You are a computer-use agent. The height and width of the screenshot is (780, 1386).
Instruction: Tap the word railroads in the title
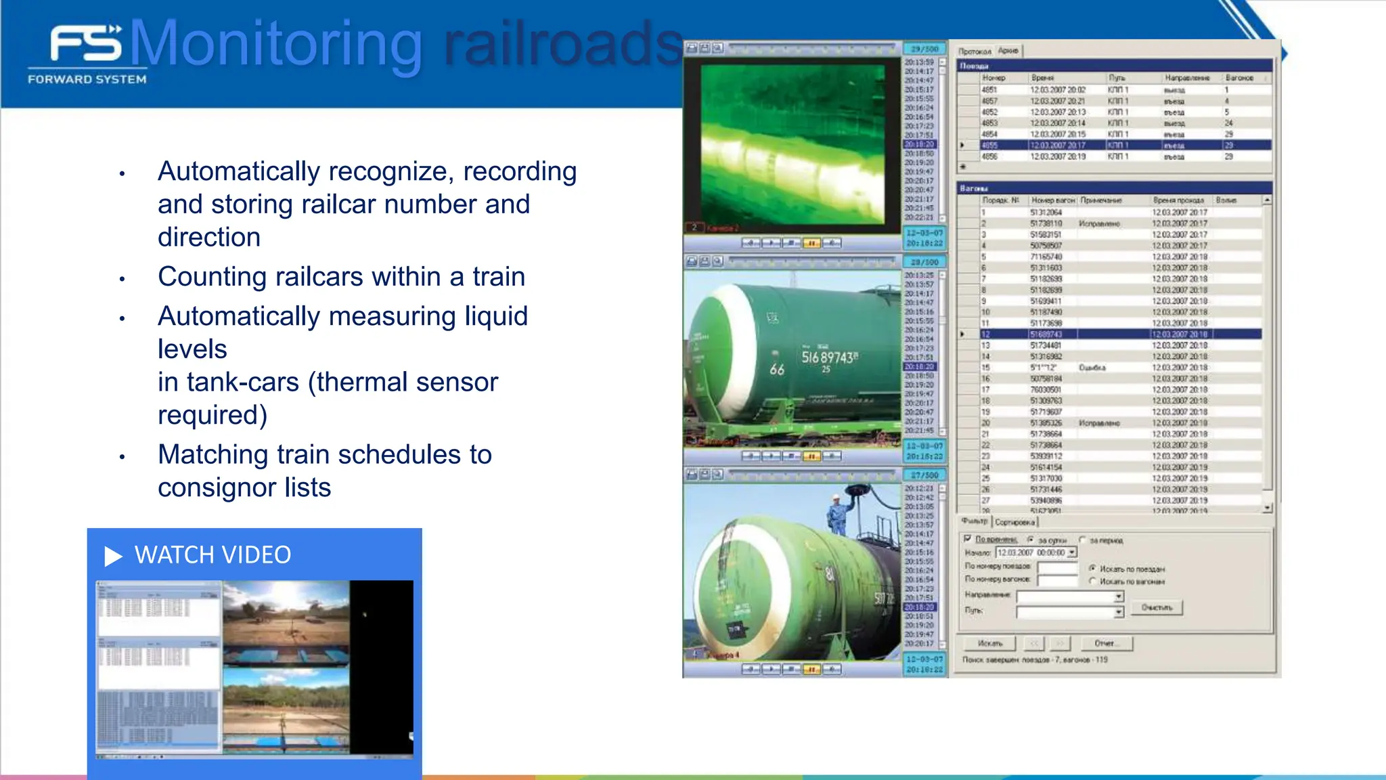pos(562,45)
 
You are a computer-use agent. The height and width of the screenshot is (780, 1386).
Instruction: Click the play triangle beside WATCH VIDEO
pos(113,556)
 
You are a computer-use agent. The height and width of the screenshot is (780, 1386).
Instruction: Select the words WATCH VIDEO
pos(213,555)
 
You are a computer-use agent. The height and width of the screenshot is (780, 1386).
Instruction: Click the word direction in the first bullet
pos(208,238)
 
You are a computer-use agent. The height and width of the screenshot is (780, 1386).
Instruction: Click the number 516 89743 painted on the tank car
pos(829,357)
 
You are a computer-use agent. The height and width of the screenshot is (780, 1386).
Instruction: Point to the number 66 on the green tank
pos(776,369)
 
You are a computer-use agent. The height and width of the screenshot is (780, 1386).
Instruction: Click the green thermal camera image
pos(792,144)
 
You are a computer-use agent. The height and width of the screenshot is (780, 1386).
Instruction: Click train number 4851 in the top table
pos(989,89)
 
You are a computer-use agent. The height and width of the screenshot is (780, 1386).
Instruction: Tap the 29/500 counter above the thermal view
pos(924,49)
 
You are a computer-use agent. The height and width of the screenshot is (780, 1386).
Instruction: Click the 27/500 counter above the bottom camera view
pos(924,475)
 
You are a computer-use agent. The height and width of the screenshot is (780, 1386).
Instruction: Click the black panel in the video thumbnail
pos(381,667)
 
